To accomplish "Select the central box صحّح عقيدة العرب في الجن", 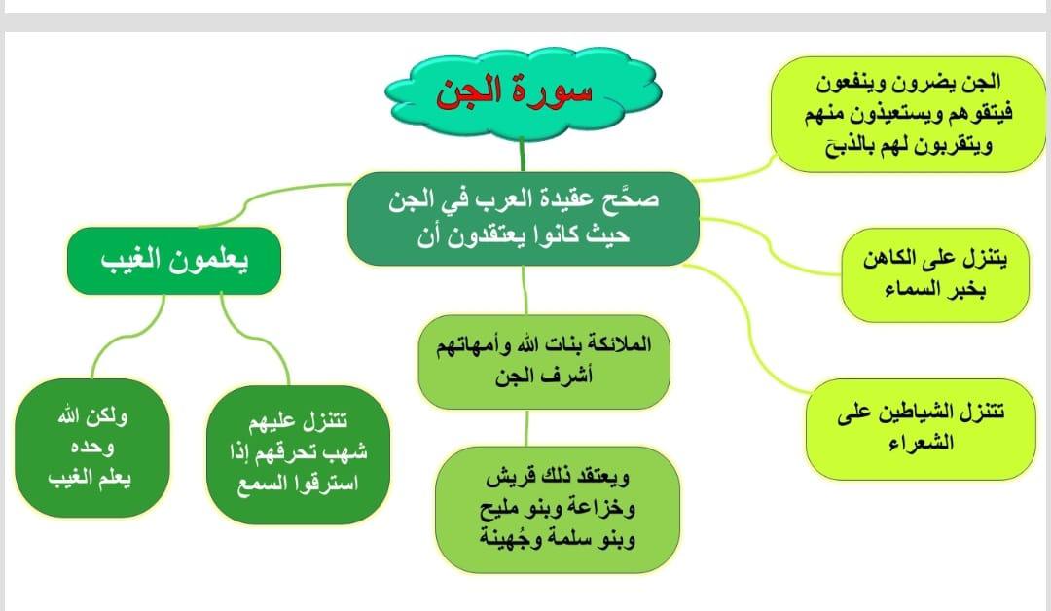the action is [x=524, y=218].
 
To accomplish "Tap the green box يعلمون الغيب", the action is [x=174, y=261].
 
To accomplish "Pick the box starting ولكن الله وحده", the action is [x=92, y=448].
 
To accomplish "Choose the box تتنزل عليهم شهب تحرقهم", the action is [x=299, y=453].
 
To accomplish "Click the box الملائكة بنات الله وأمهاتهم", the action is [x=544, y=361].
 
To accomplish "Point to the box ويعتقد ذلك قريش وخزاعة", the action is [x=557, y=509].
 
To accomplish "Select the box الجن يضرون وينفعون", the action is [x=908, y=114].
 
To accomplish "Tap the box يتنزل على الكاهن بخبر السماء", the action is [x=935, y=274].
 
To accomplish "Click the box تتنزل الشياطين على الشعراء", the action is [x=921, y=429].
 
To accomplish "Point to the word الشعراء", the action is [x=921, y=444].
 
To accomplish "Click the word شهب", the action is [x=345, y=452].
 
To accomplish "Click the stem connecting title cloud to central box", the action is [x=523, y=155].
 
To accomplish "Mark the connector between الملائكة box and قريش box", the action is [x=526, y=428].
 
